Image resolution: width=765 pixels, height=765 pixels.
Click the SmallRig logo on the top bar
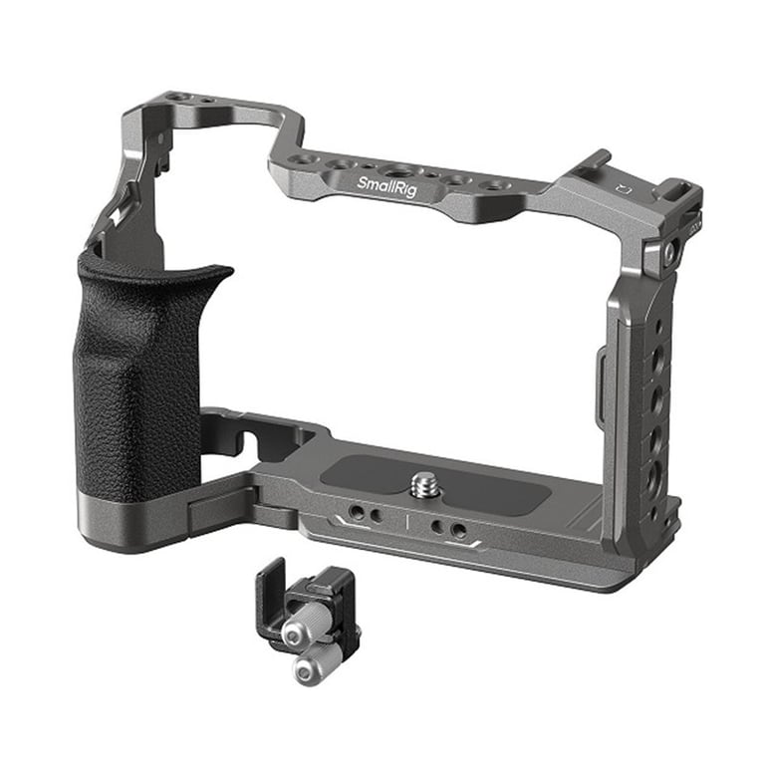(x=386, y=187)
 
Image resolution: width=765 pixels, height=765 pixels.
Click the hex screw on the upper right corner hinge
(x=669, y=251)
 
